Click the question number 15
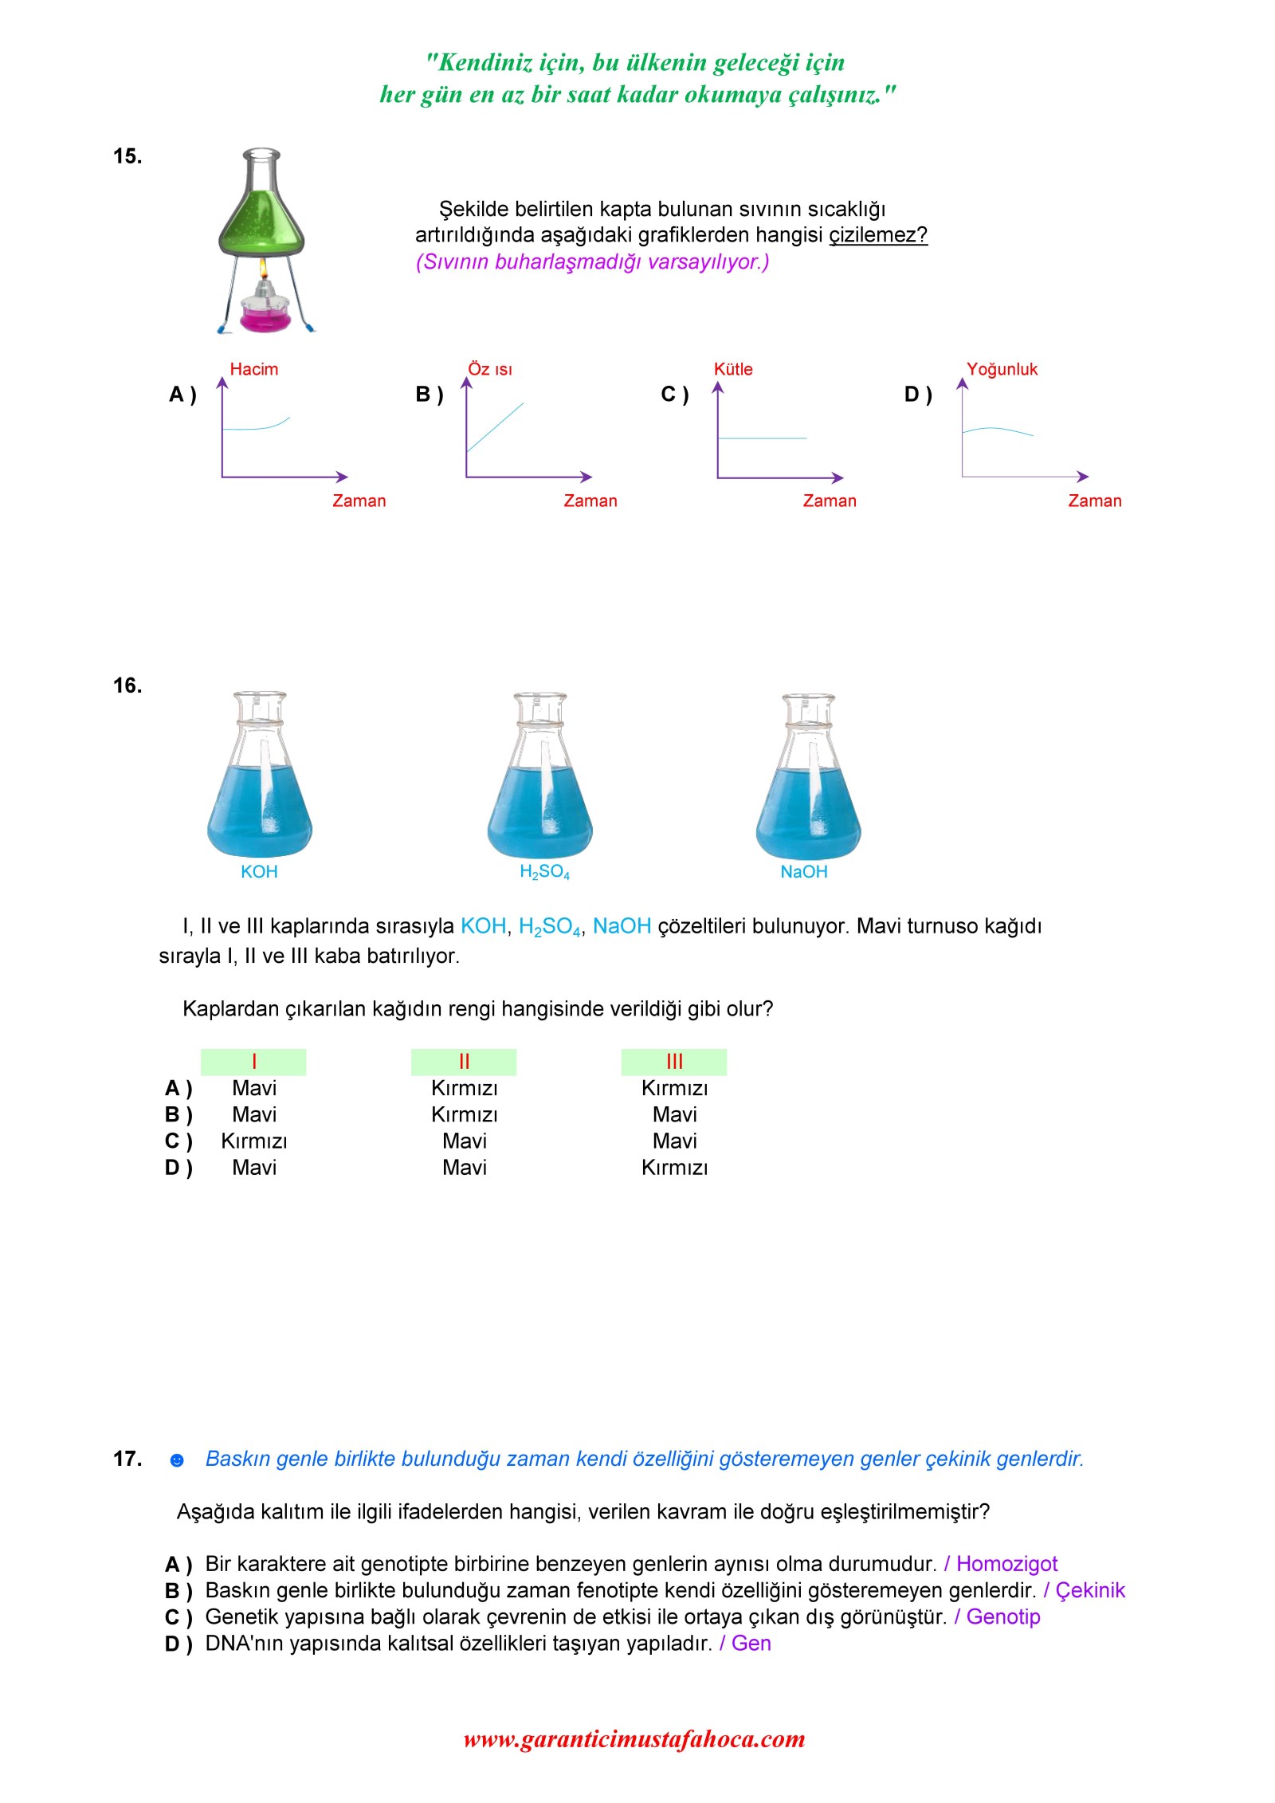coord(127,156)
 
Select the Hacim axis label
coord(253,369)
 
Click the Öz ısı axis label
coord(489,369)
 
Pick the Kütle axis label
coord(732,369)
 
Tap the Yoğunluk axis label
coord(1002,369)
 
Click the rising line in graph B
coord(495,427)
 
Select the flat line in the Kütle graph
coord(762,438)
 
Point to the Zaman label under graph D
coord(1094,501)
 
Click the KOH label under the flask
coord(259,872)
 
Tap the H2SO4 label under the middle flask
coord(544,872)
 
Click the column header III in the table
coord(674,1062)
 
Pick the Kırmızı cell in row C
coord(254,1141)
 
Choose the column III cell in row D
coord(674,1168)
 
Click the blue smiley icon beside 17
coord(177,1460)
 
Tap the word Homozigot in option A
coord(1006,1564)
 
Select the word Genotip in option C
coord(1002,1616)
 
